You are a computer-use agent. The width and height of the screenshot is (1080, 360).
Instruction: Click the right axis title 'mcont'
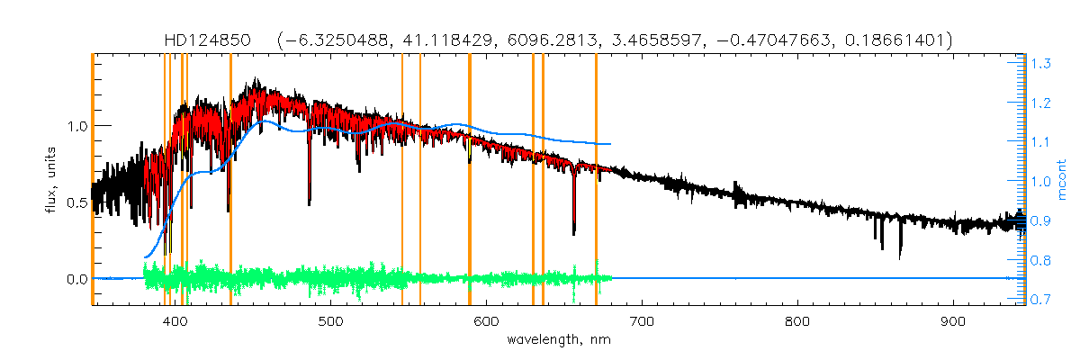[1063, 180]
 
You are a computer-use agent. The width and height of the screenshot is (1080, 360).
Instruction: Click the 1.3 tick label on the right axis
[1042, 64]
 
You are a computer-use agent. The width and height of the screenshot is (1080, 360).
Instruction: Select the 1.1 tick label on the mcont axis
[1042, 142]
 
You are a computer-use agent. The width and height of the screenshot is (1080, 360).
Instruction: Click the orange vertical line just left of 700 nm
[596, 180]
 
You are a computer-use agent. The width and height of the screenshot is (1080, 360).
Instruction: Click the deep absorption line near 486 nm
[310, 198]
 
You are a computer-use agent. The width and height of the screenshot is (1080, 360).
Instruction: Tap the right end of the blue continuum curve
[611, 144]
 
